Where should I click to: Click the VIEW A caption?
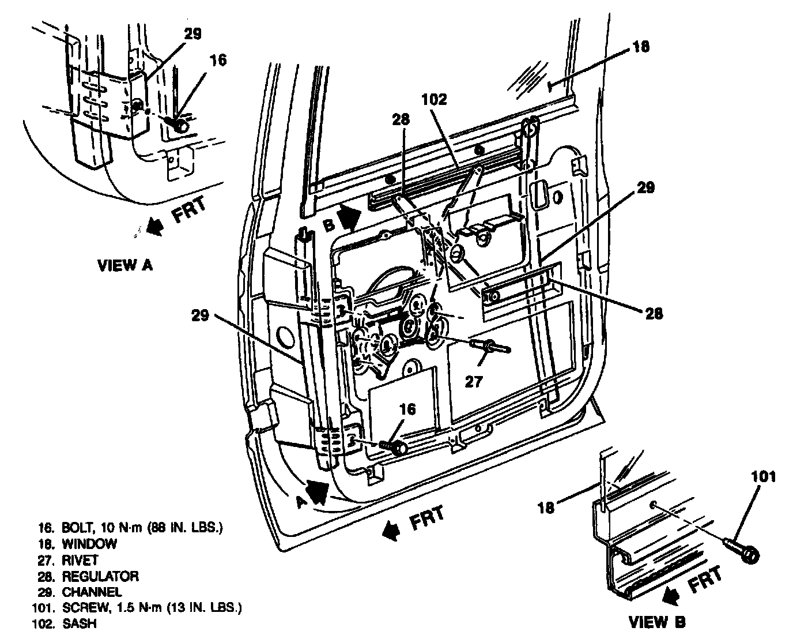pos(124,265)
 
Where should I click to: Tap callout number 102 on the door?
pos(433,100)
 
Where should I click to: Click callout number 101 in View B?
pos(763,477)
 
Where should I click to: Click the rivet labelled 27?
pos(490,346)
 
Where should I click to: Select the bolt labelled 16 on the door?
pos(395,446)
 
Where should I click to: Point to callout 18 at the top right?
pos(640,46)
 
